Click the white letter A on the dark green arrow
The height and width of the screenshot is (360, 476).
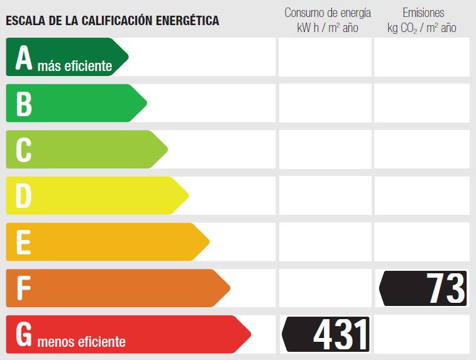pyautogui.click(x=24, y=58)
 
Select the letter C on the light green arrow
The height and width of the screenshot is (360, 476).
pyautogui.click(x=24, y=150)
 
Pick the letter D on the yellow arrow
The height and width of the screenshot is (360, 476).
pyautogui.click(x=23, y=196)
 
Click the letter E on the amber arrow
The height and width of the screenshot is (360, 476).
pyautogui.click(x=23, y=243)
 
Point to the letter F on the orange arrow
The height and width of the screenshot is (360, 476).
pyautogui.click(x=23, y=288)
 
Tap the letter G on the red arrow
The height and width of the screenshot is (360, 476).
pyautogui.click(x=24, y=334)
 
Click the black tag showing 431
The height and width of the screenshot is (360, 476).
pyautogui.click(x=327, y=334)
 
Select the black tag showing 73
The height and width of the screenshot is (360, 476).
pyautogui.click(x=424, y=288)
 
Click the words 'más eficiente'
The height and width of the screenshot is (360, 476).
pyautogui.click(x=74, y=66)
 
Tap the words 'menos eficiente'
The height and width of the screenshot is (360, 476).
pyautogui.click(x=81, y=342)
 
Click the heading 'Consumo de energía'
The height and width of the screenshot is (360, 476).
pyautogui.click(x=328, y=13)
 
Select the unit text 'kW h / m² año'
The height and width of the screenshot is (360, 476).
pyautogui.click(x=328, y=28)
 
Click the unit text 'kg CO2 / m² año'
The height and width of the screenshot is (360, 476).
pyautogui.click(x=422, y=28)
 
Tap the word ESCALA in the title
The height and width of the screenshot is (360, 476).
pyautogui.click(x=25, y=21)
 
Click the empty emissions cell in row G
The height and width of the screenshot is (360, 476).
pyautogui.click(x=422, y=334)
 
